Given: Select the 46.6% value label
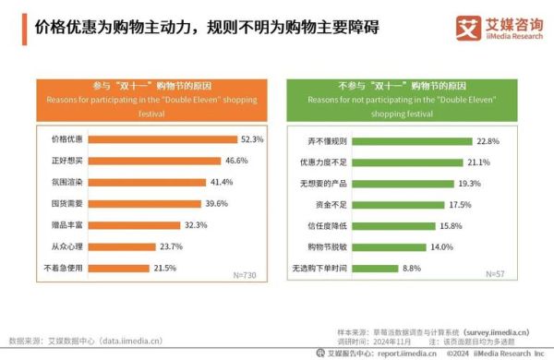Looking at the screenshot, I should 238,161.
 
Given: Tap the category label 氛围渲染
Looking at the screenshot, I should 66,182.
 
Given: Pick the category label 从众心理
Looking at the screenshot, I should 66,246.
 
